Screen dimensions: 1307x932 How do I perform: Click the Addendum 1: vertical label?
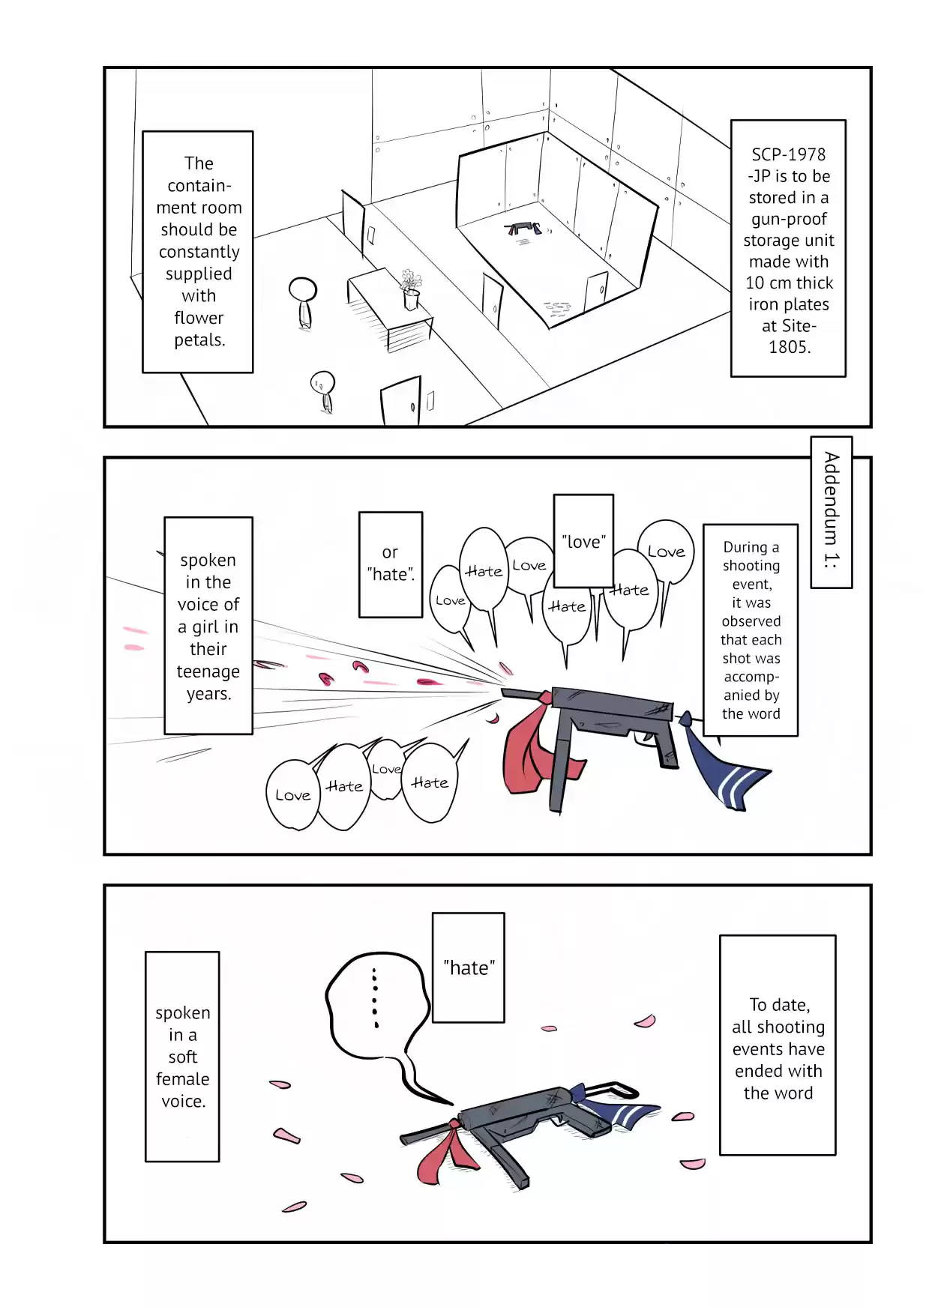(x=831, y=512)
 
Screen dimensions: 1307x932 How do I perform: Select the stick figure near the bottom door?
(x=323, y=390)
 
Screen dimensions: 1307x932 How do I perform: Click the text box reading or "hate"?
(x=390, y=564)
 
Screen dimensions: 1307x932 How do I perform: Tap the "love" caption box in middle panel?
(x=583, y=540)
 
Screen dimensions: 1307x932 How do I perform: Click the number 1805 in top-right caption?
(x=789, y=347)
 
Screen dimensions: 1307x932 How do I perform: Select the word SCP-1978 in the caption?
(x=788, y=154)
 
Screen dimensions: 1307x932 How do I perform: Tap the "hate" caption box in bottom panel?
(x=469, y=968)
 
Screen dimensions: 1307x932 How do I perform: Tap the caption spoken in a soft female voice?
(x=182, y=1056)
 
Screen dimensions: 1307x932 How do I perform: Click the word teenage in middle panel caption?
(x=208, y=671)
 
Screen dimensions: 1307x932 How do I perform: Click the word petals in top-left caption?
(x=199, y=340)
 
